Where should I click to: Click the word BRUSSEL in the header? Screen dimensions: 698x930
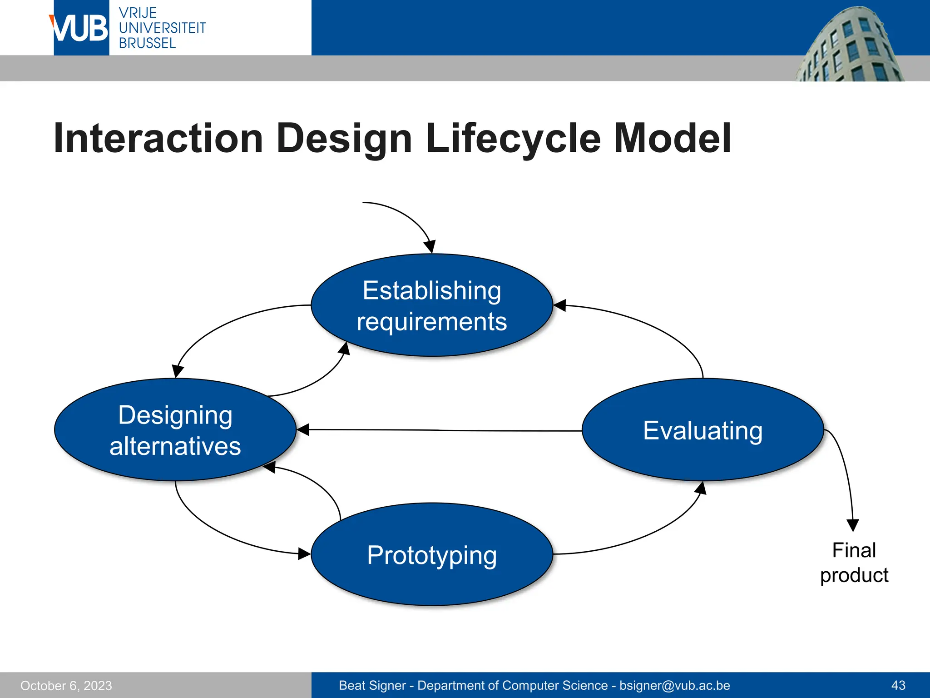(147, 44)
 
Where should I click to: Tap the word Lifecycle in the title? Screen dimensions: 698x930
(513, 139)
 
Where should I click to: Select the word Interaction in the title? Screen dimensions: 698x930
(158, 139)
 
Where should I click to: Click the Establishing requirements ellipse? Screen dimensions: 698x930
(431, 305)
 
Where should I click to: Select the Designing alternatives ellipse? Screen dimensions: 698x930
(175, 430)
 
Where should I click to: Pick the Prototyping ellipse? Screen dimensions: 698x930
(431, 554)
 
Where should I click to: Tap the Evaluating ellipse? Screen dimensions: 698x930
(702, 430)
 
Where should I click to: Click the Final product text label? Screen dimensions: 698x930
(854, 563)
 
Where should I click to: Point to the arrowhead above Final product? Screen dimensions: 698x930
(853, 525)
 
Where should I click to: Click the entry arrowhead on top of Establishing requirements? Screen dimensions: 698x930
(430, 247)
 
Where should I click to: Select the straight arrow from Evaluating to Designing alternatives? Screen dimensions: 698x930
(440, 430)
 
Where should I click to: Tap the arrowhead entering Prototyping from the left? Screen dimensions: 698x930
(304, 553)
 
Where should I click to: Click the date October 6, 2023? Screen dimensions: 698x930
(66, 686)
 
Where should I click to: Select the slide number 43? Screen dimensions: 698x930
(898, 685)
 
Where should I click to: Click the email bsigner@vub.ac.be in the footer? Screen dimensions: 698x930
(675, 685)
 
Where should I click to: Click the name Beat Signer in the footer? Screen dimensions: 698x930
(372, 685)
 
